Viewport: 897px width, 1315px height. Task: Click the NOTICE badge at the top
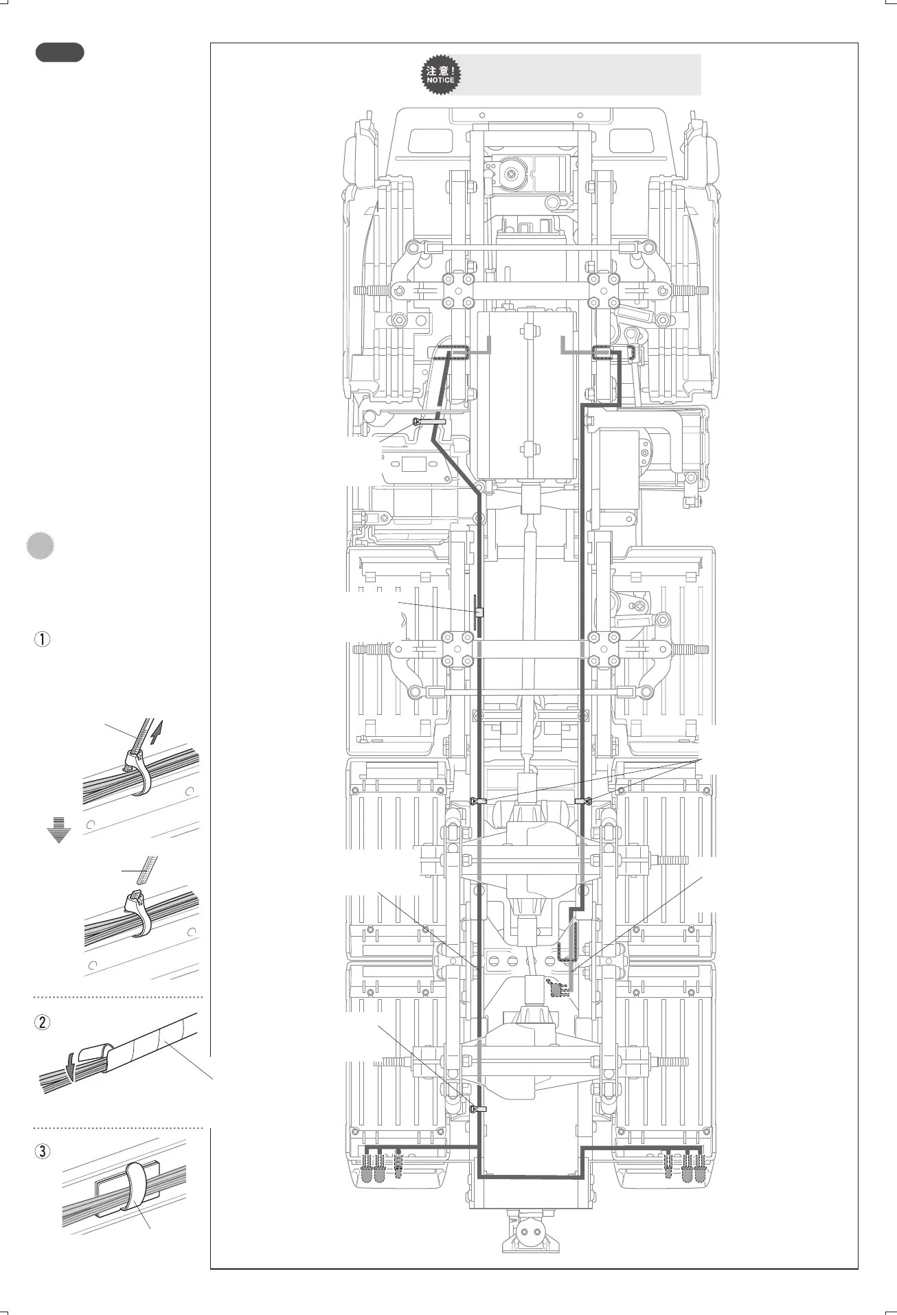pos(440,75)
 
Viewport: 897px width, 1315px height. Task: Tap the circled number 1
pos(43,639)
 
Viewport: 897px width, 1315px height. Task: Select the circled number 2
pos(43,1022)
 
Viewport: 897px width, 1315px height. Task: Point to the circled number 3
pos(43,1151)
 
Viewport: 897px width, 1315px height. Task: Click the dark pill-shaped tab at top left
pos(60,52)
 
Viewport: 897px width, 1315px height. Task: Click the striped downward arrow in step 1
pos(59,830)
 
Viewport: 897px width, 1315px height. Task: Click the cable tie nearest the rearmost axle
pos(479,1108)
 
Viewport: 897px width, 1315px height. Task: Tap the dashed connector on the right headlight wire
pos(603,353)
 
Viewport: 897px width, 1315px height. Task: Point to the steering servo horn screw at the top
pos(512,174)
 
